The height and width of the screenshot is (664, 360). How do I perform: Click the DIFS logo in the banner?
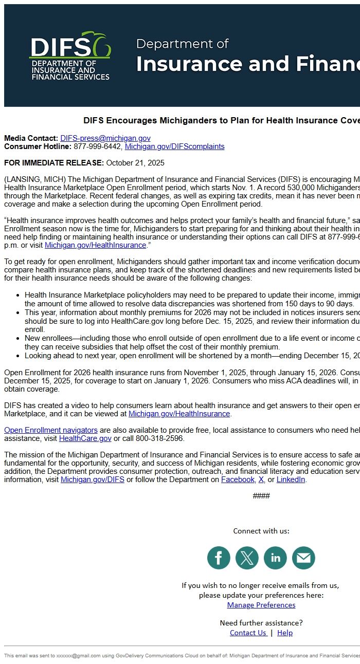click(x=70, y=56)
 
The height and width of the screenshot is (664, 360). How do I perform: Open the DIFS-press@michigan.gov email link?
click(x=105, y=138)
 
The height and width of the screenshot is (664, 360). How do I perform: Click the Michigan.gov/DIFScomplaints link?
click(x=174, y=146)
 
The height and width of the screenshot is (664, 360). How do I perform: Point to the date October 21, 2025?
click(x=135, y=163)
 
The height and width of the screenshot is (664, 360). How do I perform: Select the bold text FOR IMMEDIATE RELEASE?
click(x=54, y=163)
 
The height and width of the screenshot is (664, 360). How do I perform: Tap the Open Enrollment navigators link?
click(x=51, y=430)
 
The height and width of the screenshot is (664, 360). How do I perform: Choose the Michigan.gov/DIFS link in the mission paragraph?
click(x=93, y=479)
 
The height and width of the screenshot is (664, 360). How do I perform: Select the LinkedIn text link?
click(x=291, y=479)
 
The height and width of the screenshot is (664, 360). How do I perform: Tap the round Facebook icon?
click(x=219, y=558)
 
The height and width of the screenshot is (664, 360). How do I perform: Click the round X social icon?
click(x=247, y=558)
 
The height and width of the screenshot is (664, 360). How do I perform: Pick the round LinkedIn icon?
click(x=275, y=558)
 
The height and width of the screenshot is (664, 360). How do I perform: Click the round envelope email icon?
click(x=303, y=558)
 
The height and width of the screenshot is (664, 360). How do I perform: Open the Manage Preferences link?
click(x=261, y=605)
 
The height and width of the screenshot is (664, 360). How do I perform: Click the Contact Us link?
click(x=248, y=633)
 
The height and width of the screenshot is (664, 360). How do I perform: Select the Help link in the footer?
click(x=285, y=633)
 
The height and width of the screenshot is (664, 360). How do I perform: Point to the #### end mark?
click(x=261, y=496)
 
